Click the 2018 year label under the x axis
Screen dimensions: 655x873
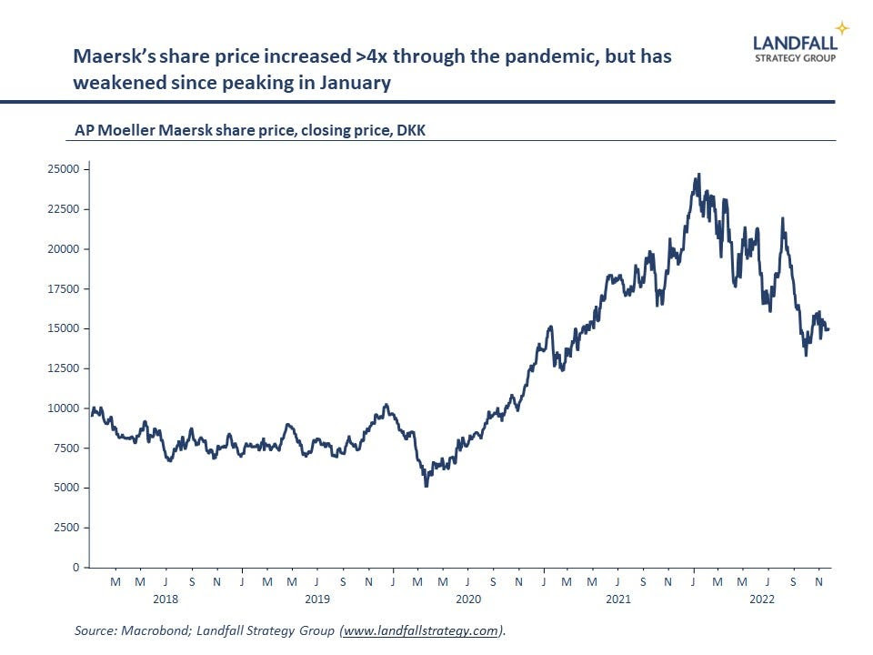[166, 599]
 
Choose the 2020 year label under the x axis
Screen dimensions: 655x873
[467, 599]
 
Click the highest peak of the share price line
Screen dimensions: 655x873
[698, 174]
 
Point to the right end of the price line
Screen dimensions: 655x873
[828, 329]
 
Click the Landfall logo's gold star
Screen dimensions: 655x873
[842, 28]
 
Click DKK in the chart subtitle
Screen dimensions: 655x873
[412, 131]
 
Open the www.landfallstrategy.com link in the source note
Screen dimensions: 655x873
[422, 630]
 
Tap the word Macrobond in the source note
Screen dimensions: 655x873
[156, 630]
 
